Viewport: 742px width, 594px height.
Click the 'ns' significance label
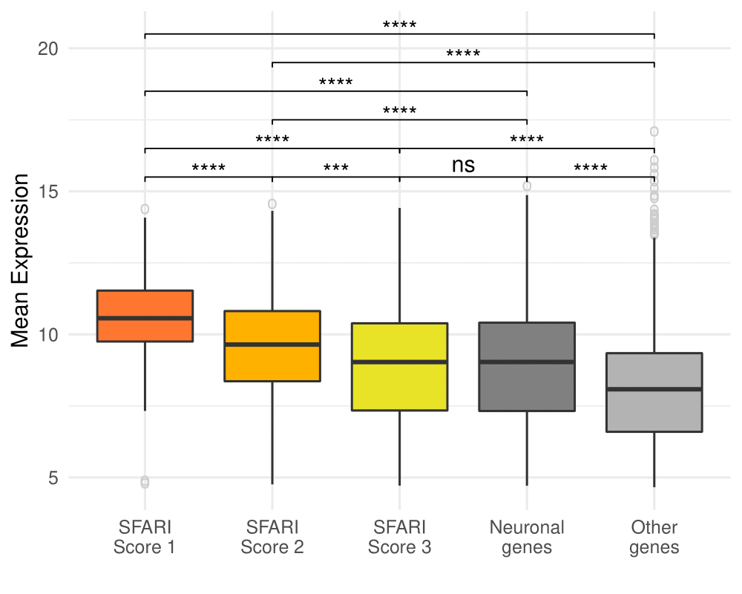(463, 165)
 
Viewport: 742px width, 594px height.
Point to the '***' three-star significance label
(336, 168)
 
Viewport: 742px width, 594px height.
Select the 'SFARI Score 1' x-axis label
(145, 538)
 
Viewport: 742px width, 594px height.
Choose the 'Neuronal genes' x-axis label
(527, 538)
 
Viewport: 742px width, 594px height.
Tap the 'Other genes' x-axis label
(654, 538)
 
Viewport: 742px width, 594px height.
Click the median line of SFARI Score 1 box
(145, 318)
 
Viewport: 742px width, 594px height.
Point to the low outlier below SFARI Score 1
(145, 483)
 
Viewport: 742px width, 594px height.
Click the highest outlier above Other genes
(654, 131)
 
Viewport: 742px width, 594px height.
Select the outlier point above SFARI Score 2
(272, 204)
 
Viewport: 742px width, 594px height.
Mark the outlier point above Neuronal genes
(527, 186)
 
